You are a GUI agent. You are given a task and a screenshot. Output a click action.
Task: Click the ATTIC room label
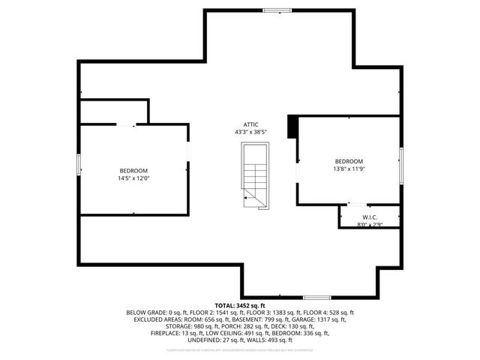pyautogui.click(x=250, y=124)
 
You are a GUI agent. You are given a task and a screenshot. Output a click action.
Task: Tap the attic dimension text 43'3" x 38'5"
pyautogui.click(x=250, y=132)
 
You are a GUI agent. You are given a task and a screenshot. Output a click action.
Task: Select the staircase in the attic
pyautogui.click(x=254, y=175)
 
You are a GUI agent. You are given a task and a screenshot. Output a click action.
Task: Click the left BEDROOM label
pyautogui.click(x=133, y=171)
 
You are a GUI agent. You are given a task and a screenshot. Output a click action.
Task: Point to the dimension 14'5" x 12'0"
pyautogui.click(x=133, y=178)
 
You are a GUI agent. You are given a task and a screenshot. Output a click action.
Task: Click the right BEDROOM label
pyautogui.click(x=349, y=161)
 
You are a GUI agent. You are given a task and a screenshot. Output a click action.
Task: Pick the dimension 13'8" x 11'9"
pyautogui.click(x=349, y=169)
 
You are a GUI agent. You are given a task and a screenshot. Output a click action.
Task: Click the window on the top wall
pyautogui.click(x=277, y=10)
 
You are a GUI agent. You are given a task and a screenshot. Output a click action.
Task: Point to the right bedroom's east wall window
pyautogui.click(x=401, y=165)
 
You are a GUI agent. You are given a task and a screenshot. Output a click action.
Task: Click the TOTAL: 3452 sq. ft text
pyautogui.click(x=240, y=306)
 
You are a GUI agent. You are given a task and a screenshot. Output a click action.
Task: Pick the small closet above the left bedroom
pyautogui.click(x=112, y=111)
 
